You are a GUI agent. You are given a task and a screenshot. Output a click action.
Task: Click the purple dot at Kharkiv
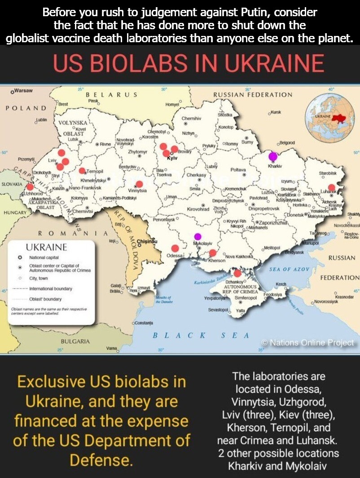pyautogui.click(x=272, y=156)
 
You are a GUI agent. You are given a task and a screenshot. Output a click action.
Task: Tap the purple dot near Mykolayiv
pyautogui.click(x=198, y=236)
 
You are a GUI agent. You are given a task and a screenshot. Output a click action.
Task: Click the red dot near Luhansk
pyautogui.click(x=332, y=188)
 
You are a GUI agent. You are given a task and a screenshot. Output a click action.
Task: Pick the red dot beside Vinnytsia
pyautogui.click(x=139, y=184)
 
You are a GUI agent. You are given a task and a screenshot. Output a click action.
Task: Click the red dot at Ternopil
pyautogui.click(x=82, y=171)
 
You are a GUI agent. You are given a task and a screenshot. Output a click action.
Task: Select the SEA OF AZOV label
pyautogui.click(x=290, y=269)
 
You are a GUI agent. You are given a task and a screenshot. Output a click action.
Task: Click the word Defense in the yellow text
pyautogui.click(x=101, y=460)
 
